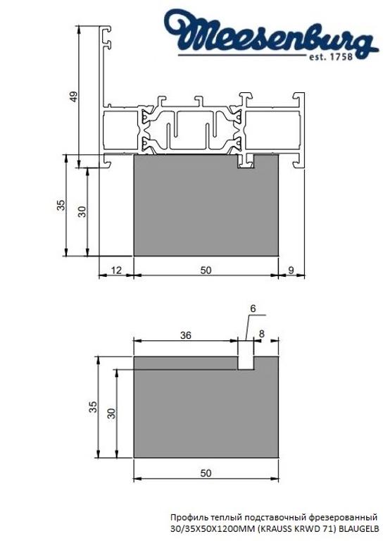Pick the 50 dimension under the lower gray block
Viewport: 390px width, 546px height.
click(x=205, y=473)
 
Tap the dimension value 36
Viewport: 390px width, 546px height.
click(x=185, y=335)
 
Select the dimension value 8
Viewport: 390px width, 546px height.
click(x=262, y=334)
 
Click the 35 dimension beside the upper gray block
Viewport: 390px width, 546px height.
click(x=61, y=206)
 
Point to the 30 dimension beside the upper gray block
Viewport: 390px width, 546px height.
click(x=82, y=212)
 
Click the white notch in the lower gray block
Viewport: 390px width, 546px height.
click(x=245, y=361)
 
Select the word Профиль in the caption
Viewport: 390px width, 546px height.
click(x=189, y=516)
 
